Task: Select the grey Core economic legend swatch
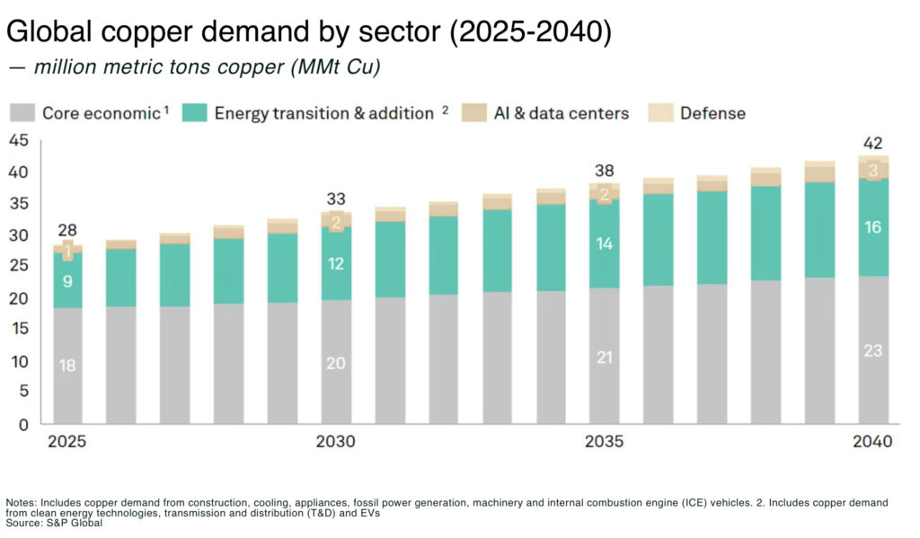(x=22, y=113)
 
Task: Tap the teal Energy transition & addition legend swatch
(x=194, y=113)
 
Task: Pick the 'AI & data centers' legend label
(x=561, y=113)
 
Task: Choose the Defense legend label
(x=712, y=113)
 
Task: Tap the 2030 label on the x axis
(x=336, y=443)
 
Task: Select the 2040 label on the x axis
(x=872, y=443)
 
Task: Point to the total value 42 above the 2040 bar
(x=873, y=143)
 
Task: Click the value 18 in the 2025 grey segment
(x=67, y=366)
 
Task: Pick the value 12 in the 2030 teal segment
(x=335, y=264)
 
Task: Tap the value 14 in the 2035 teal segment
(x=605, y=243)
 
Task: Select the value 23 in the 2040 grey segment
(x=873, y=351)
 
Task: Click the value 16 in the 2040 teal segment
(x=873, y=228)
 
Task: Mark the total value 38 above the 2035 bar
(x=605, y=170)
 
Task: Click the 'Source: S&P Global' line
(x=54, y=524)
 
